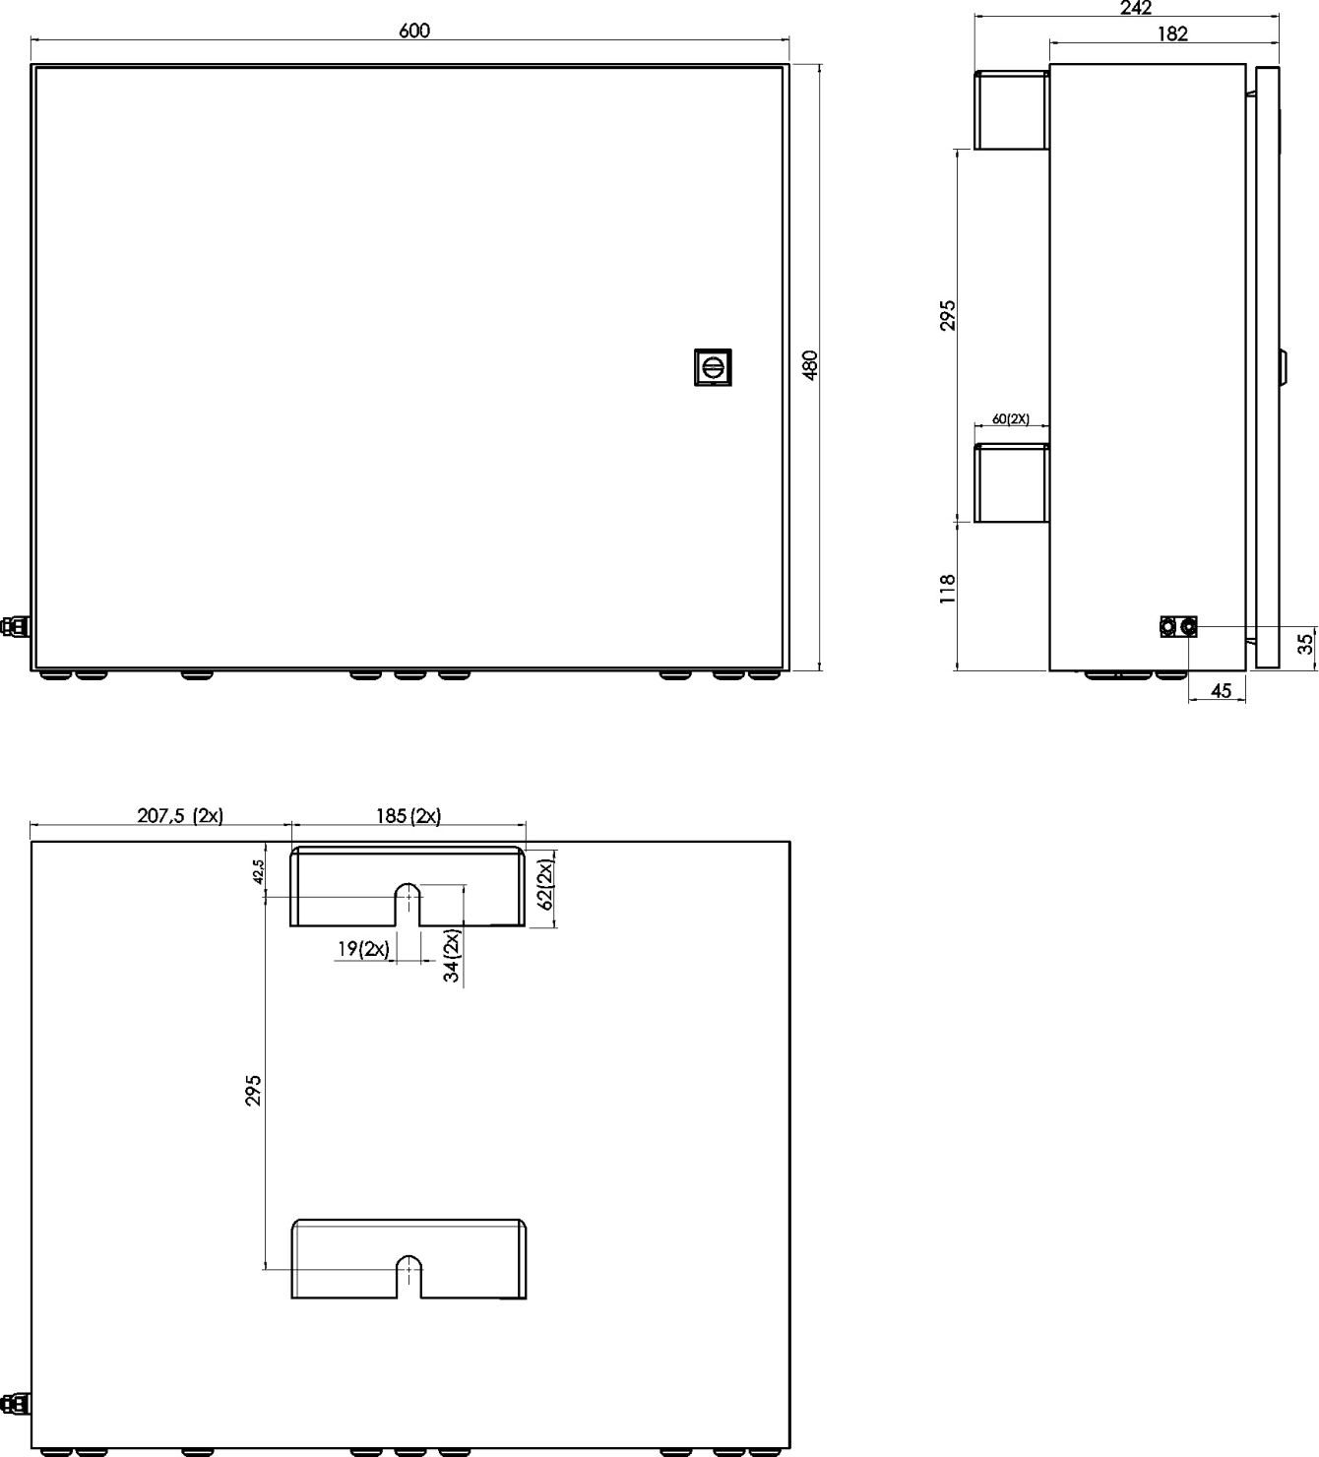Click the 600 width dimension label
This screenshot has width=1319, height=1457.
point(414,31)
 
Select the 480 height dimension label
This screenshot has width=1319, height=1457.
point(810,364)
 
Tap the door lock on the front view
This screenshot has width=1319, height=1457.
point(713,367)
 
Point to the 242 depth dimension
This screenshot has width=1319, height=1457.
point(1136,8)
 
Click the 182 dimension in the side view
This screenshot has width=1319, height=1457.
point(1172,33)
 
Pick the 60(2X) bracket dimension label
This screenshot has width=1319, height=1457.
point(1010,419)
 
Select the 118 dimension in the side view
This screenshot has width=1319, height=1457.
point(948,589)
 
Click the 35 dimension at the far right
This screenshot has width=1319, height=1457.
point(1306,644)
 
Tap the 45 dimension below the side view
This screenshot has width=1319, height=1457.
point(1221,691)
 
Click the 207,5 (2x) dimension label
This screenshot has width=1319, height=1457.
point(180,816)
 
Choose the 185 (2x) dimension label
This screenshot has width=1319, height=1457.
point(408,816)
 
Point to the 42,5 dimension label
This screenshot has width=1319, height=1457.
point(259,871)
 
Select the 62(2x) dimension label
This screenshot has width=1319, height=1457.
point(546,884)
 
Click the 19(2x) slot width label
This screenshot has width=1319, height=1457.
point(363,949)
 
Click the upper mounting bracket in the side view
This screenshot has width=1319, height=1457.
point(1011,110)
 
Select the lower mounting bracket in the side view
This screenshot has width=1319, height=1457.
point(1011,483)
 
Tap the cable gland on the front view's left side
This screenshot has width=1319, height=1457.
point(15,625)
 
